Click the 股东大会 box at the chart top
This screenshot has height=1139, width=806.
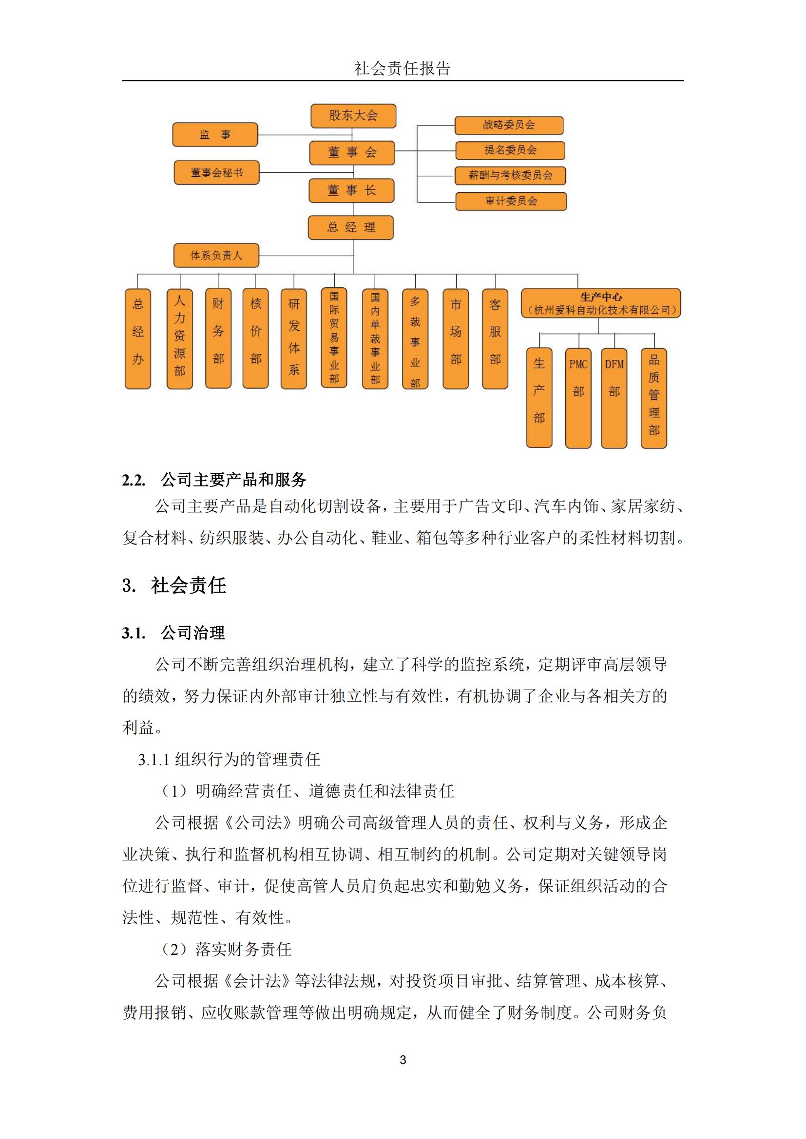tap(353, 116)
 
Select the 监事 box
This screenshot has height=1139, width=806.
tap(215, 135)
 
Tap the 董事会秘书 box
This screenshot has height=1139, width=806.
tap(216, 173)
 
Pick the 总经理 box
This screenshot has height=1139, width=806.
tap(350, 228)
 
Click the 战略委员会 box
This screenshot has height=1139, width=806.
tap(509, 125)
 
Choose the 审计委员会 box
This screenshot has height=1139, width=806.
tap(511, 201)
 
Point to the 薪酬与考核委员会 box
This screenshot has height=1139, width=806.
tap(510, 175)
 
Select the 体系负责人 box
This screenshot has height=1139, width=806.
tap(216, 256)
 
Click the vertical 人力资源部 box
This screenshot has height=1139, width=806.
tap(180, 338)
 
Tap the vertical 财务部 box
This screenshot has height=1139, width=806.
tap(218, 338)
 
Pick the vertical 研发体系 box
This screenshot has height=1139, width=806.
tap(294, 338)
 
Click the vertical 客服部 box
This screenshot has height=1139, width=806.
tap(495, 338)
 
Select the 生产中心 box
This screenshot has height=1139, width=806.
tap(600, 303)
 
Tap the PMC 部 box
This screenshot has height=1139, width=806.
tap(578, 398)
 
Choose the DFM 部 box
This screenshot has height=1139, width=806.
tap(614, 398)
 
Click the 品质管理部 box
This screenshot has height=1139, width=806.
tap(653, 398)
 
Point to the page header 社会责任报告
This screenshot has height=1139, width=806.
tap(403, 69)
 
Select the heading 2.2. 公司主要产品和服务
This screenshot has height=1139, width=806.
tap(214, 480)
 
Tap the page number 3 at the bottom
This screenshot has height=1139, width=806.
tap(403, 1060)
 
